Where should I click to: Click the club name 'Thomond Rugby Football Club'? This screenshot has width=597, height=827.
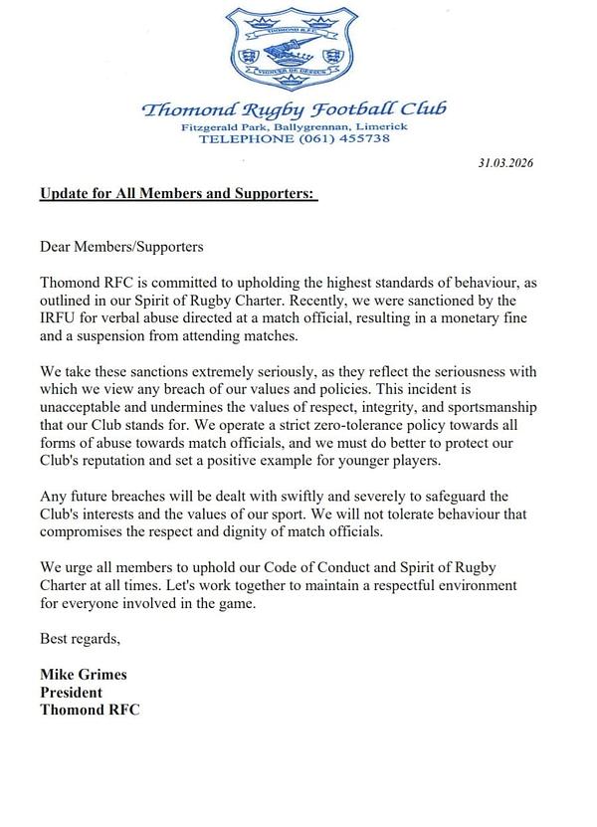pos(295,108)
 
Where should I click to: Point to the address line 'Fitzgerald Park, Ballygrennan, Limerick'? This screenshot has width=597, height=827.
pos(295,126)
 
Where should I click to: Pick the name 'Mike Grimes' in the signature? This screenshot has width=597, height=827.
pos(84,674)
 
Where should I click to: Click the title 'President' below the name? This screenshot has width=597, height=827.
pos(71,692)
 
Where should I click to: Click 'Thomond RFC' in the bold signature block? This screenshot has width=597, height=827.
pos(90,710)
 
